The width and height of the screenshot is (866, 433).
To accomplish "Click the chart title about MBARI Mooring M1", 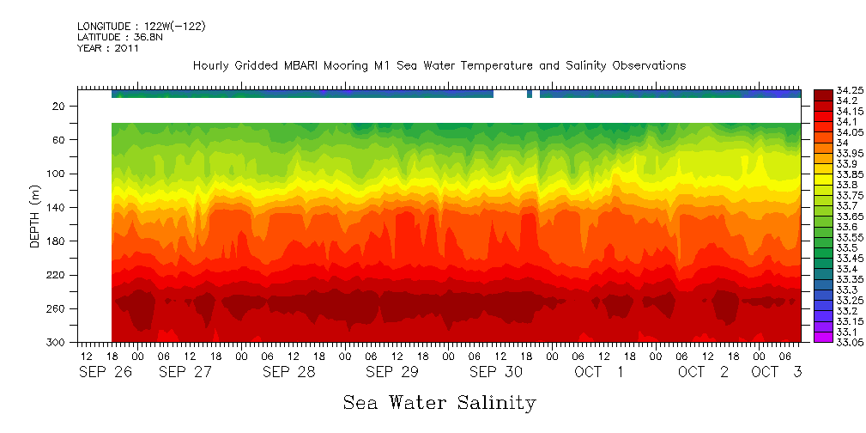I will coord(439,66).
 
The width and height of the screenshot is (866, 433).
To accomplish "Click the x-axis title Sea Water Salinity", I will coord(439,402).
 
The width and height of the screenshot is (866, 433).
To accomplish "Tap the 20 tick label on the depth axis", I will coord(59,107).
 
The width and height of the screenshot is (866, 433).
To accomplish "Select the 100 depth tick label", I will coord(57,174).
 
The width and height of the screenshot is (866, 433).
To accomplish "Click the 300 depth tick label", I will coord(57,343).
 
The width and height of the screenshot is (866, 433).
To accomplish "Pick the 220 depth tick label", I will coord(57,275).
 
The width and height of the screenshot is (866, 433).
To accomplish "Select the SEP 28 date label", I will coord(288,372).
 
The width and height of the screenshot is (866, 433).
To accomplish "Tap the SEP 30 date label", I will coord(495,372).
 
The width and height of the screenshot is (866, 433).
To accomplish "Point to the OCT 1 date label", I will coord(600,372).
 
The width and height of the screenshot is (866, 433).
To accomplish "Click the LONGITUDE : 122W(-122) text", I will coord(141,27).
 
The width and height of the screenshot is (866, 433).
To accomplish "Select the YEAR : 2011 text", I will coord(107,49).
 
